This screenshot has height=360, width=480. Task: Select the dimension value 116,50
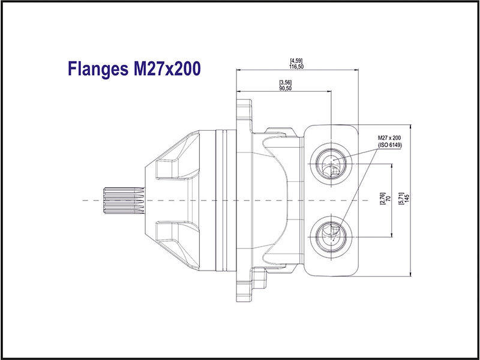tap(296, 67)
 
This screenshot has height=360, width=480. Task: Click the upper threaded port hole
tap(331, 163)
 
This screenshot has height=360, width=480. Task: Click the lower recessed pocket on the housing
tap(175, 231)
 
